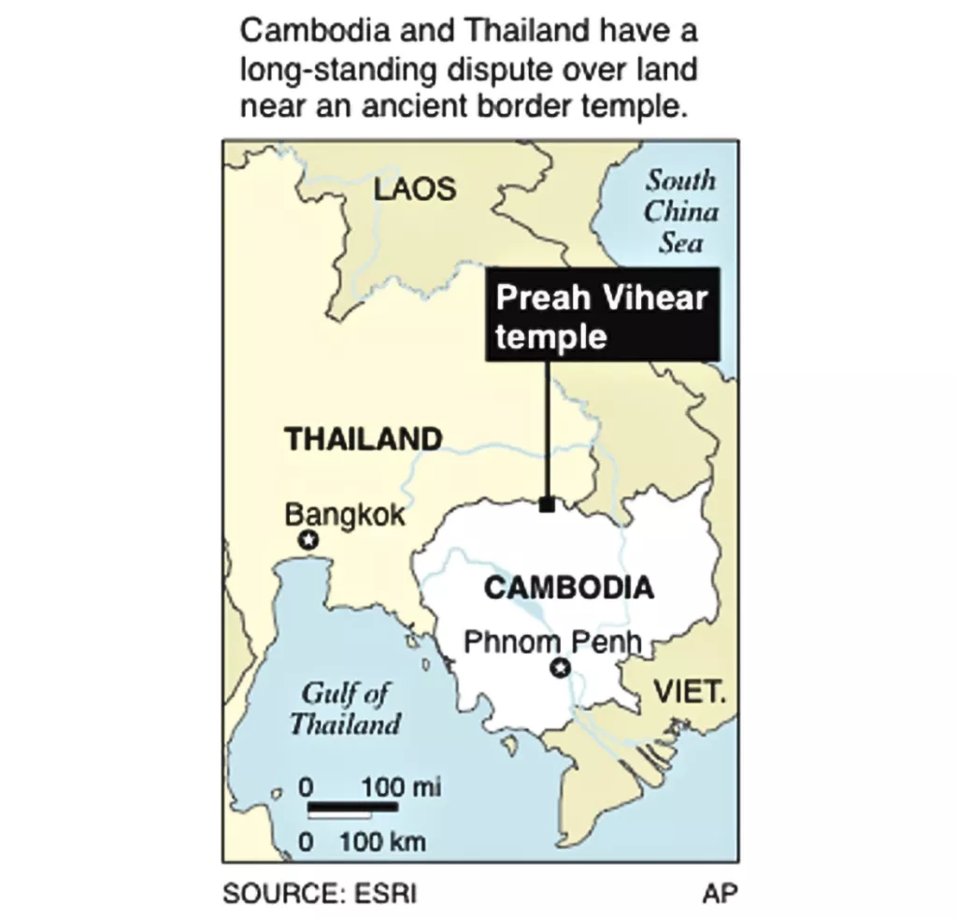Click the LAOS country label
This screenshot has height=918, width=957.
pyautogui.click(x=415, y=189)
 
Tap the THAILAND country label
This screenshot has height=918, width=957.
pyautogui.click(x=364, y=438)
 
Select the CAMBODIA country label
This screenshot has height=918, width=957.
pyautogui.click(x=568, y=588)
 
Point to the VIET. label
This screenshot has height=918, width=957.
pyautogui.click(x=690, y=693)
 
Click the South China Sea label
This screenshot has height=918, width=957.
pyautogui.click(x=680, y=211)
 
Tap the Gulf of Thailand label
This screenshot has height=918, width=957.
pyautogui.click(x=345, y=709)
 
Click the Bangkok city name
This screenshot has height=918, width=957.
pyautogui.click(x=345, y=514)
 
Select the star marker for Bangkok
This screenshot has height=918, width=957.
pyautogui.click(x=307, y=540)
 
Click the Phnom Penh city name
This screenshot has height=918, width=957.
pyautogui.click(x=554, y=642)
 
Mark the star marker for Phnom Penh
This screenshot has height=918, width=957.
pyautogui.click(x=560, y=667)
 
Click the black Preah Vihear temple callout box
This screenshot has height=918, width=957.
pyautogui.click(x=602, y=314)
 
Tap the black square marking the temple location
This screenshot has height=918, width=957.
pyautogui.click(x=547, y=505)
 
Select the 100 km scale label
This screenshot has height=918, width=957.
pyautogui.click(x=382, y=841)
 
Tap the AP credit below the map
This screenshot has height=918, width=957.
pyautogui.click(x=720, y=893)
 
